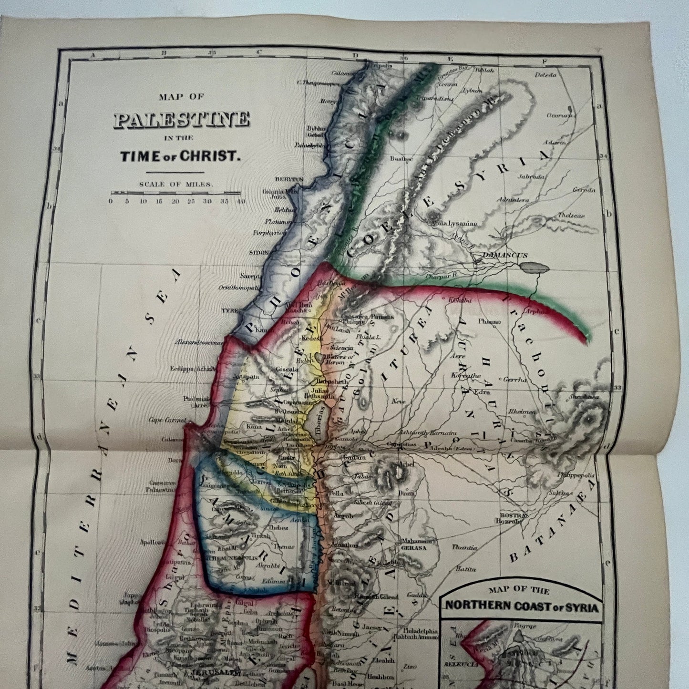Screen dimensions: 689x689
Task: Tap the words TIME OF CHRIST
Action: pos(180,156)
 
